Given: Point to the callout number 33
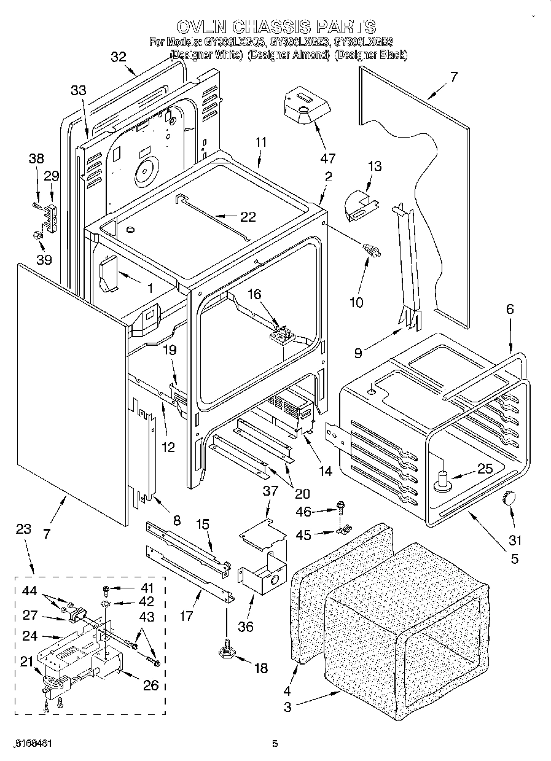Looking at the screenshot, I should pos(78,91).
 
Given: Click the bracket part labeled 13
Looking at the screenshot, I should pos(360,205).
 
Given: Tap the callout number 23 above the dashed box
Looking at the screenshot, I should pos(23,529).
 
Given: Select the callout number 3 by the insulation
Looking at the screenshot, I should pos(288,708).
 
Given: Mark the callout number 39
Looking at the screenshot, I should pos(44,259).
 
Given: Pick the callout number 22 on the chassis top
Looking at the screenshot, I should pos(248,216).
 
